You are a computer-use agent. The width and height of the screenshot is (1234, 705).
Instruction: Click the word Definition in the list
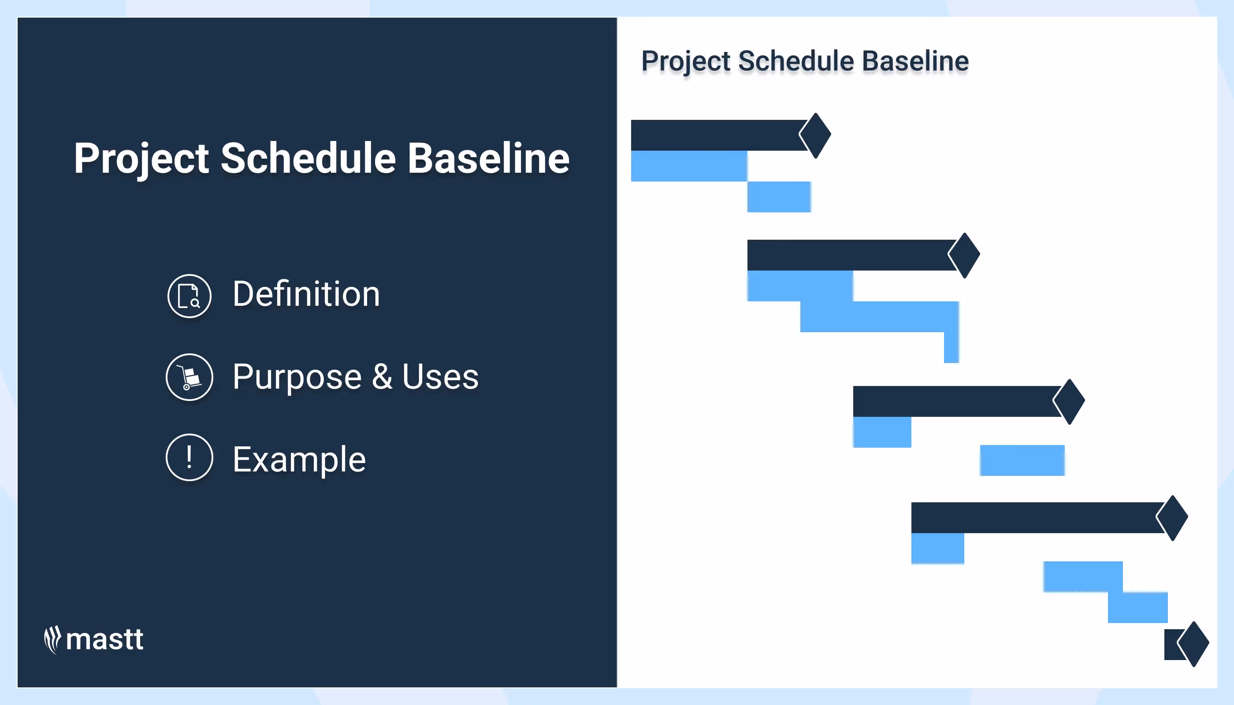coord(306,294)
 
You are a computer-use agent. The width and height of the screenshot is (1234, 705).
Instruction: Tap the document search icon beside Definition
coord(190,296)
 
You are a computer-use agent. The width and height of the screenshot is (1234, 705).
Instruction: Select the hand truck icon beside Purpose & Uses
coord(190,377)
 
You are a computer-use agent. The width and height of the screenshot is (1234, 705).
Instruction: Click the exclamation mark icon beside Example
coord(190,457)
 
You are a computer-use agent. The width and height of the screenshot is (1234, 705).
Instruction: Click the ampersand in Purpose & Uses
coord(382,377)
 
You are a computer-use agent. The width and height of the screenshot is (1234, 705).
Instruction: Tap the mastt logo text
coord(104,640)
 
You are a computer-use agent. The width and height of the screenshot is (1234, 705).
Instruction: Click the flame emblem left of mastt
coord(52,640)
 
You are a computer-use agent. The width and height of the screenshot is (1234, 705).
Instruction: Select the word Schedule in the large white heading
coord(308,158)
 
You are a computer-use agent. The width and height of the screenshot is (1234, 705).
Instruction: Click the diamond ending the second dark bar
coord(964,255)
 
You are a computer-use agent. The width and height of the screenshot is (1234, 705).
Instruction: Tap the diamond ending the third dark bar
coord(1069,401)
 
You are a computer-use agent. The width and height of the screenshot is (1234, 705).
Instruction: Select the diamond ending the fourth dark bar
coord(1172,518)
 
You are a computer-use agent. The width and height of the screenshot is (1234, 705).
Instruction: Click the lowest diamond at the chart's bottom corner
coord(1193,644)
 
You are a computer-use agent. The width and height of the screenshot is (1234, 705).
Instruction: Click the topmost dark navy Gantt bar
coord(719,135)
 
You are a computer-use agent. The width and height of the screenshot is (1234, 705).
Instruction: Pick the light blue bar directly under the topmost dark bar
coord(689,166)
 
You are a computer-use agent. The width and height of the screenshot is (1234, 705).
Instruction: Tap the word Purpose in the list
coord(297,377)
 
